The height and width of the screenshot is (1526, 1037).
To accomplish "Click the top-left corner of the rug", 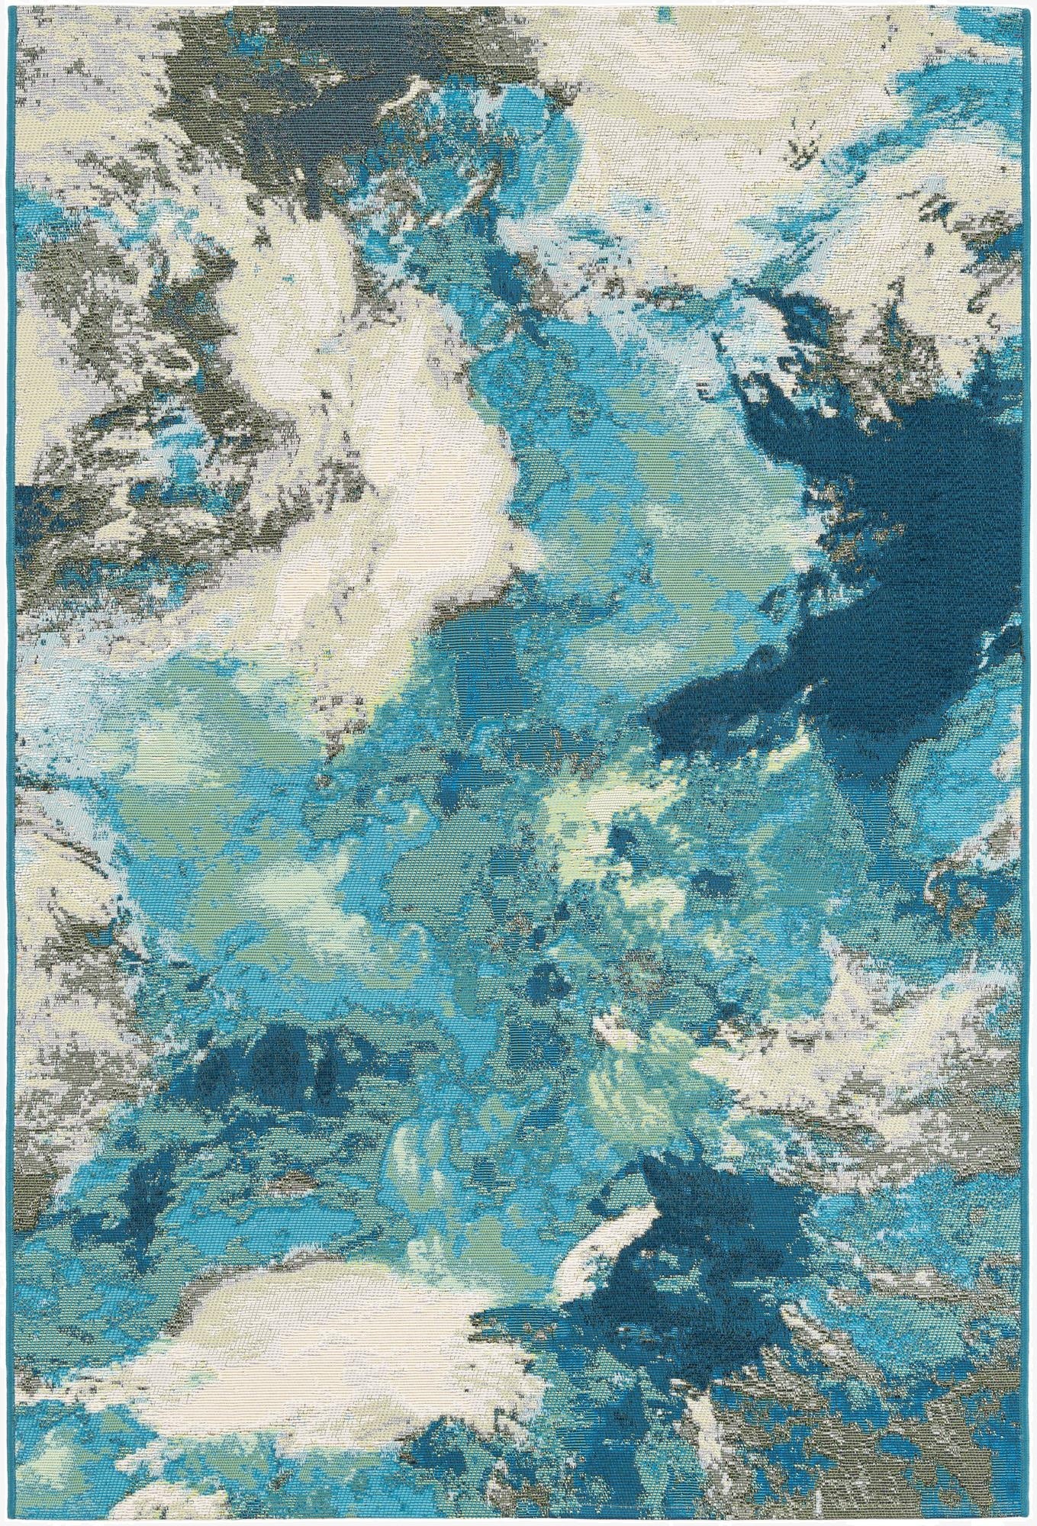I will (2, 2).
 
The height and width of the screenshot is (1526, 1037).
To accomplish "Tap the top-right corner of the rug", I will (1034, 2).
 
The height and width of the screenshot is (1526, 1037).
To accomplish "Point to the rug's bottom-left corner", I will (2, 1523).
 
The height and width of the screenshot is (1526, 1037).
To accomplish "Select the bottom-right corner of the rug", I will (1034, 1523).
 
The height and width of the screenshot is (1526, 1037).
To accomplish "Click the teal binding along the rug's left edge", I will (3, 763).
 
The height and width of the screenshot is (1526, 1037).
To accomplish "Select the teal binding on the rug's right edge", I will (1033, 763).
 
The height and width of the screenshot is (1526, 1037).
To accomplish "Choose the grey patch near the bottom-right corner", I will (878, 1450).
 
